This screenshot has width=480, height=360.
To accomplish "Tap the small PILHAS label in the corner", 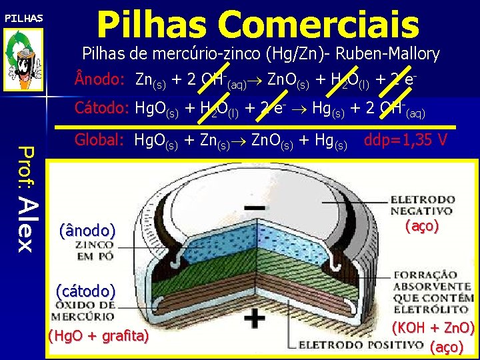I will [x=24, y=18].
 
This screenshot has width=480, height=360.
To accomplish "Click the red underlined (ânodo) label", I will [x=87, y=231].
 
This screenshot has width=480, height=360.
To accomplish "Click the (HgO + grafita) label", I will [x=98, y=336].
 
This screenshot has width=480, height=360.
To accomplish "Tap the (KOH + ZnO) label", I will [x=433, y=328].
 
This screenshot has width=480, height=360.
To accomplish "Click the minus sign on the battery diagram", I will [x=253, y=208].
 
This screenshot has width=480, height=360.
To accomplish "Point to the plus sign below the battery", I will [x=254, y=319].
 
